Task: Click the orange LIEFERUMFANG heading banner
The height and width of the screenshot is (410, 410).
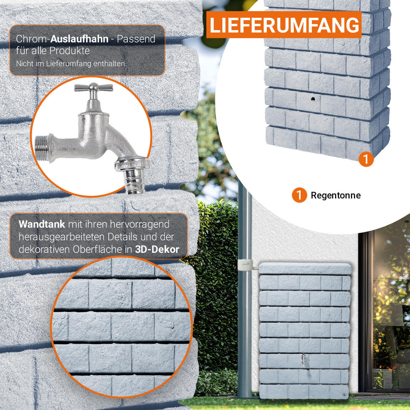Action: click(284, 25)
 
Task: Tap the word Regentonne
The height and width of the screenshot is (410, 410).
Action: click(336, 195)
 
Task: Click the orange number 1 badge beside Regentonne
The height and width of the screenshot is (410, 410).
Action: click(299, 195)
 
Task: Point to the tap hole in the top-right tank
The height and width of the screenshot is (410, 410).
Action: click(313, 99)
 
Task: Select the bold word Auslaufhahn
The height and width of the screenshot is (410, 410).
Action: click(79, 39)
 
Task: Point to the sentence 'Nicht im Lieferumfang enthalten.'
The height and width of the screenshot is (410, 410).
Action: click(71, 64)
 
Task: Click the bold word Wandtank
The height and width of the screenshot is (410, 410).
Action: click(42, 225)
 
